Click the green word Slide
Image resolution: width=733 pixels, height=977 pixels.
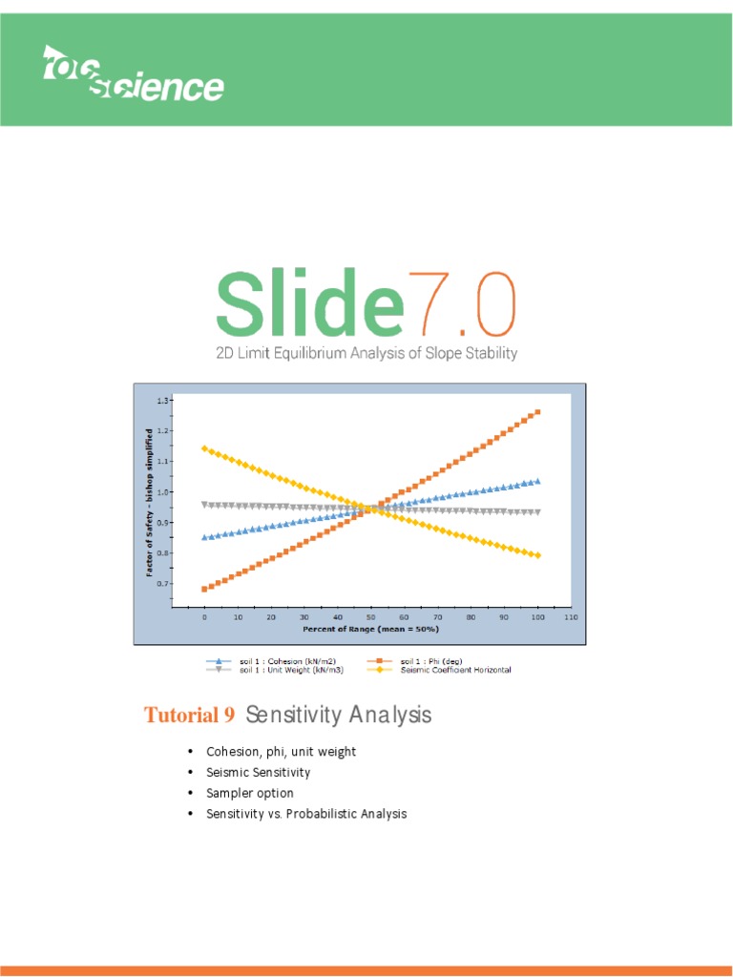[305, 302]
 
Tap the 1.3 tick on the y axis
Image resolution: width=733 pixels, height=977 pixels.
[165, 401]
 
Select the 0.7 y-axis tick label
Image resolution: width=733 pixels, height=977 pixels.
[165, 583]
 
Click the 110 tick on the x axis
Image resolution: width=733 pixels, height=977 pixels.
[571, 618]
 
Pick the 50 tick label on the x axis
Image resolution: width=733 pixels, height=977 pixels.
[371, 618]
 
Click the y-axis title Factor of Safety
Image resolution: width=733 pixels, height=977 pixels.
[150, 503]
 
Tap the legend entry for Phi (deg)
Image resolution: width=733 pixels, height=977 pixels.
[431, 661]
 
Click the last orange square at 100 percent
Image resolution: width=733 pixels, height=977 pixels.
[537, 412]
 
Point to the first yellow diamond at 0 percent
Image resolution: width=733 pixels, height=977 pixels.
[204, 448]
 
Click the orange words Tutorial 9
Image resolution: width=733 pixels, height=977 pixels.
[189, 716]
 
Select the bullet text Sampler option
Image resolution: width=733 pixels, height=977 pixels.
[250, 793]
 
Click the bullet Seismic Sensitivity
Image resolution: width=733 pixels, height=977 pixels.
[259, 772]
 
